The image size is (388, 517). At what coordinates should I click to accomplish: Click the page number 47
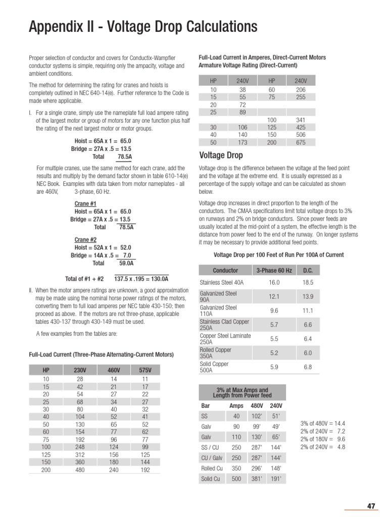coord(371,506)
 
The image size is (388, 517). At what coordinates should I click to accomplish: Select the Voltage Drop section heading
coord(221,155)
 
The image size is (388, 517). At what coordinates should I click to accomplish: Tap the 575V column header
coord(145,371)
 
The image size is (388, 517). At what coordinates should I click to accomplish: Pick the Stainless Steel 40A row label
coord(221,283)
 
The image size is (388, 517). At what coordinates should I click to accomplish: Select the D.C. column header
coord(308,271)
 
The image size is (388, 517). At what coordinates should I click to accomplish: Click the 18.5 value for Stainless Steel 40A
coord(308,283)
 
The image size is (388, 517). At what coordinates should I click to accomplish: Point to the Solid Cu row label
coord(211,479)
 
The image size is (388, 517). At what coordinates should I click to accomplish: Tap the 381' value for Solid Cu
coord(258,479)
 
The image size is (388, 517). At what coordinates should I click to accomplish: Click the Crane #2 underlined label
coord(85,239)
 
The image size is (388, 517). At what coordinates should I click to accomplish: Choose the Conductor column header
coord(225,271)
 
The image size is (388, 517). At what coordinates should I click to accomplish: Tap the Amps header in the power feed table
coord(236,405)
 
